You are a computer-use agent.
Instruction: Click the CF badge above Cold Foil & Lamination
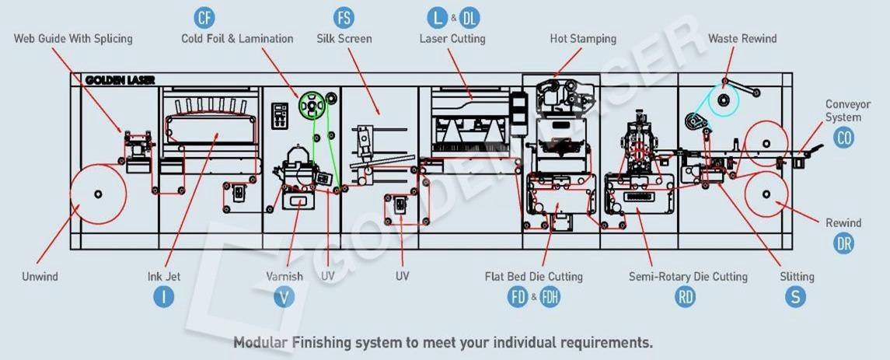tap(204, 17)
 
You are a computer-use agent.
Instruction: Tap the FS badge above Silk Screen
tap(344, 17)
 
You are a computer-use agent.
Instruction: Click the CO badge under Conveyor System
tap(843, 138)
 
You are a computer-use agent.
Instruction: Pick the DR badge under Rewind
tap(844, 243)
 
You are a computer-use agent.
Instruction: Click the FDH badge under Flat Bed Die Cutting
tap(550, 296)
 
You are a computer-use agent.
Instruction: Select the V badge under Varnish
tap(284, 296)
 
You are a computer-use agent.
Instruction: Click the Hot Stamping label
tap(582, 38)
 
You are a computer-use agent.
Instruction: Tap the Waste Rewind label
tap(742, 38)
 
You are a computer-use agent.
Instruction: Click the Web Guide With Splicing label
tap(73, 38)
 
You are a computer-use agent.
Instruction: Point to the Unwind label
tap(40, 276)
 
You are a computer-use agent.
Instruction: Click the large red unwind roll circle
tap(98, 193)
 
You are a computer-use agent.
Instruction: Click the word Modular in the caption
tap(262, 342)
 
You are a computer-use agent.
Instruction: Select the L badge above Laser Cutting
tap(438, 17)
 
